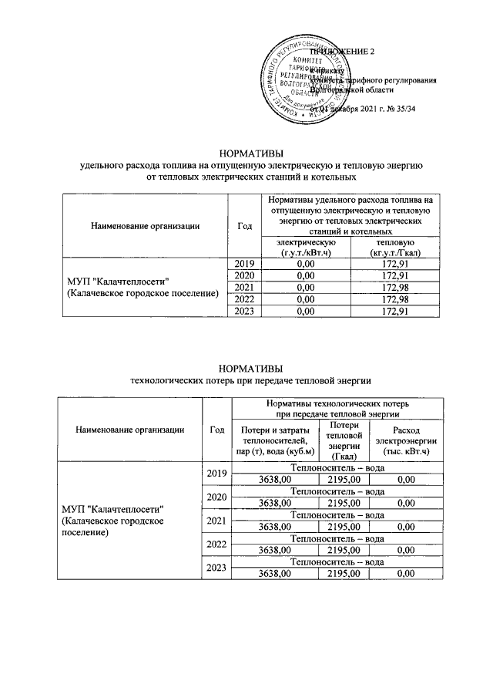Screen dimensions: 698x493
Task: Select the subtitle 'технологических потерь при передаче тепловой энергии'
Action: click(251, 379)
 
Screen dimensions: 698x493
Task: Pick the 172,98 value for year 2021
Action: click(394, 288)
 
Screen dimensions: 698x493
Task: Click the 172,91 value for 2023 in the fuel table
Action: click(394, 312)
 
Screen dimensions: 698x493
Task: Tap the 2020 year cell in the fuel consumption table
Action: click(244, 276)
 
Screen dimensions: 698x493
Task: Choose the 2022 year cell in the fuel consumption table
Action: click(244, 299)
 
